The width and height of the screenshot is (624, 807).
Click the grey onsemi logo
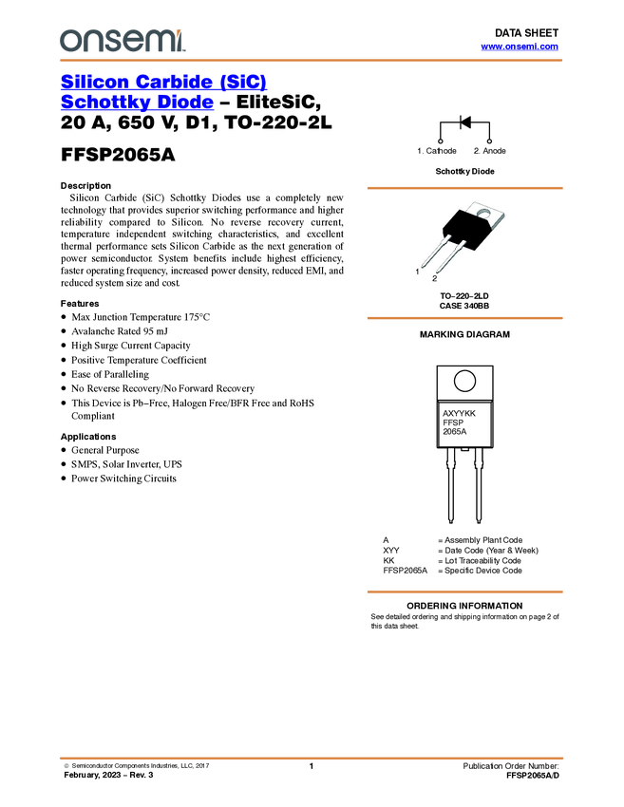121,41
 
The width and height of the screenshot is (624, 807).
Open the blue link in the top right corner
519,46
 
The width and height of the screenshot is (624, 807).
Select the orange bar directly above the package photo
464,188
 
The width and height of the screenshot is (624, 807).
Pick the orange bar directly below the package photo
464,318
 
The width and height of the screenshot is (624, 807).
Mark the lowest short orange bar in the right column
464,592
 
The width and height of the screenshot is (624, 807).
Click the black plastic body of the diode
461,228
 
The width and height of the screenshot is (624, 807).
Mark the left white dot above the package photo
440,141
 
